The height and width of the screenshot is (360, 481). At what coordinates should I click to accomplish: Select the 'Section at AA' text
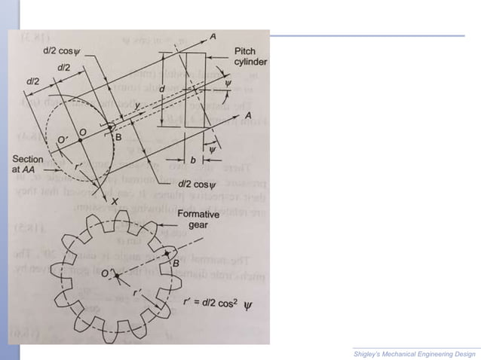tap(29, 165)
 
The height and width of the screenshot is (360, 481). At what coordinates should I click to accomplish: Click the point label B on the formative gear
tap(175, 263)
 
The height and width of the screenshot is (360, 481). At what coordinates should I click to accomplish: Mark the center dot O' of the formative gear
tap(118, 279)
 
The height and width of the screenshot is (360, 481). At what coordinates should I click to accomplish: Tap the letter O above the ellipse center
tap(82, 131)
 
